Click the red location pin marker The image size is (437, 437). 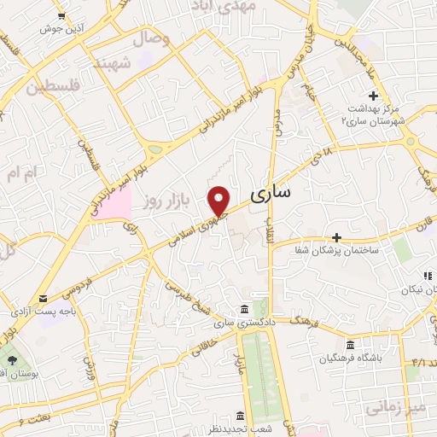(x=219, y=200)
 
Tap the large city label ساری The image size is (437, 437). (x=271, y=195)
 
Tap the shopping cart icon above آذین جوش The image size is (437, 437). (x=61, y=15)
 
